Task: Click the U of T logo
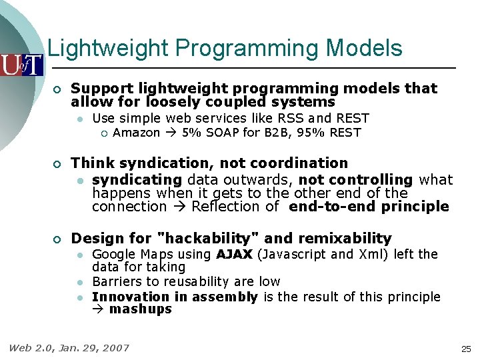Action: tap(21, 65)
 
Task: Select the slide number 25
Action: tap(465, 349)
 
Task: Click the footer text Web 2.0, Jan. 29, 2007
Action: tap(69, 347)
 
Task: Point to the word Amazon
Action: tap(137, 133)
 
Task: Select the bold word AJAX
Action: tap(234, 254)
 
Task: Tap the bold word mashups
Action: tap(140, 309)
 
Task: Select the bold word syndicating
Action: tap(137, 180)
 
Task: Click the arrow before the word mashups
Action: tap(99, 309)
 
